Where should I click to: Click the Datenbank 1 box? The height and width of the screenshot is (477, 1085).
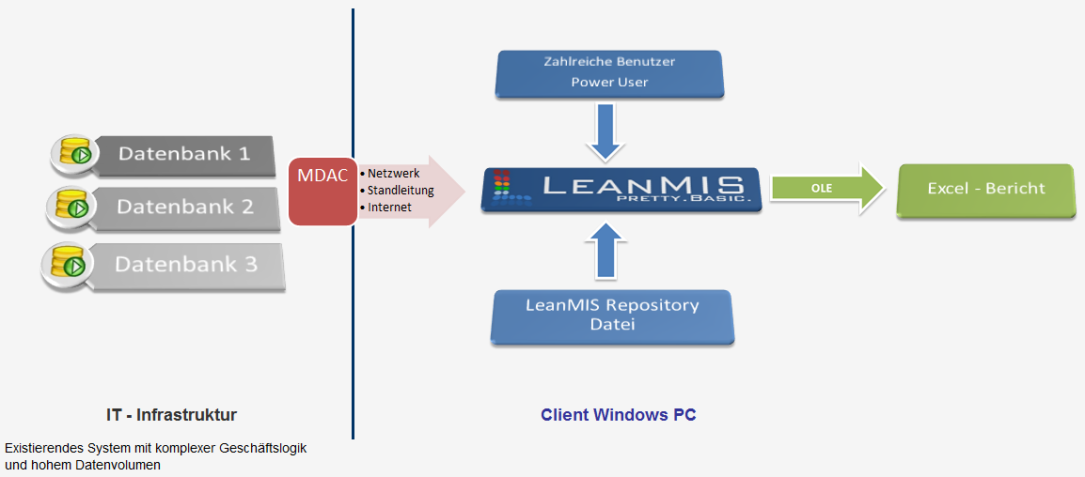pos(183,154)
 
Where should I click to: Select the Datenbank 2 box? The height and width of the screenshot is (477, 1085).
pos(185,208)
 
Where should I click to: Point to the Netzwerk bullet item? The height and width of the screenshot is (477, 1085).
pos(393,174)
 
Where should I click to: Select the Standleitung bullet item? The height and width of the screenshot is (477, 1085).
pos(400,191)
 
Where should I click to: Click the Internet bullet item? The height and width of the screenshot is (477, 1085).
pos(388,208)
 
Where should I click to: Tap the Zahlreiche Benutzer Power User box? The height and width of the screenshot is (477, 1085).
pos(609,72)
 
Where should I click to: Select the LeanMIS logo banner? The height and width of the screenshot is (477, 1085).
pos(621,189)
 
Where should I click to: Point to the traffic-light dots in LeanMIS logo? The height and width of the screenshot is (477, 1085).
pos(501,187)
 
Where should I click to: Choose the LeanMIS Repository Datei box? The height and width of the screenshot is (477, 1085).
pos(612,315)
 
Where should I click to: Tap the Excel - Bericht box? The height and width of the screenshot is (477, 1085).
pos(985,189)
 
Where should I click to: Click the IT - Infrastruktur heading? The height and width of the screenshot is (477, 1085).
pos(171,414)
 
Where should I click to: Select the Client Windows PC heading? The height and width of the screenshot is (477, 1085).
pos(618,414)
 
